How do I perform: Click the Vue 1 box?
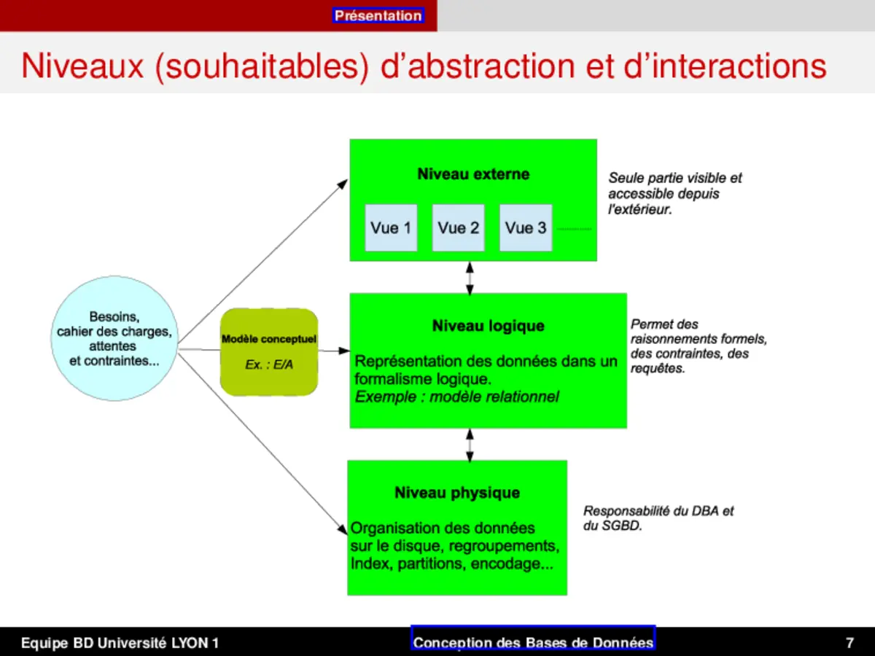pyautogui.click(x=391, y=228)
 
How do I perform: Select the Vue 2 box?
pyautogui.click(x=458, y=228)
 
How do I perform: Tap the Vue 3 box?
pyautogui.click(x=525, y=228)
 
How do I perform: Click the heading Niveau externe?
pyautogui.click(x=473, y=174)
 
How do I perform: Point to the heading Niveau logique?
pyautogui.click(x=488, y=326)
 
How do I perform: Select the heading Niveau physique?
pyautogui.click(x=457, y=493)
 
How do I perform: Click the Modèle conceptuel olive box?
pyautogui.click(x=269, y=352)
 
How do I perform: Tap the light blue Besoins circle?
pyautogui.click(x=114, y=338)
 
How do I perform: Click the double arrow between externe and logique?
pyautogui.click(x=470, y=278)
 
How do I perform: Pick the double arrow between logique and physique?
pyautogui.click(x=470, y=445)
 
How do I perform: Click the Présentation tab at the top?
pyautogui.click(x=378, y=15)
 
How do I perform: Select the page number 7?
pyautogui.click(x=849, y=643)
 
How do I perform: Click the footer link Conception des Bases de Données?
pyautogui.click(x=533, y=642)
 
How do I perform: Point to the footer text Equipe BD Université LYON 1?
pyautogui.click(x=120, y=643)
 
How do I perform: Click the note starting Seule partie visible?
pyautogui.click(x=675, y=194)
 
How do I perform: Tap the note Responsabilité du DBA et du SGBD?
pyautogui.click(x=658, y=518)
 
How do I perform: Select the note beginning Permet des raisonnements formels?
pyautogui.click(x=699, y=346)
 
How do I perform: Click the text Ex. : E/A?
pyautogui.click(x=269, y=364)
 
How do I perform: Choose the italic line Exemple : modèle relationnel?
pyautogui.click(x=456, y=397)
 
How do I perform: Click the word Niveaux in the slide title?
pyautogui.click(x=83, y=66)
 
